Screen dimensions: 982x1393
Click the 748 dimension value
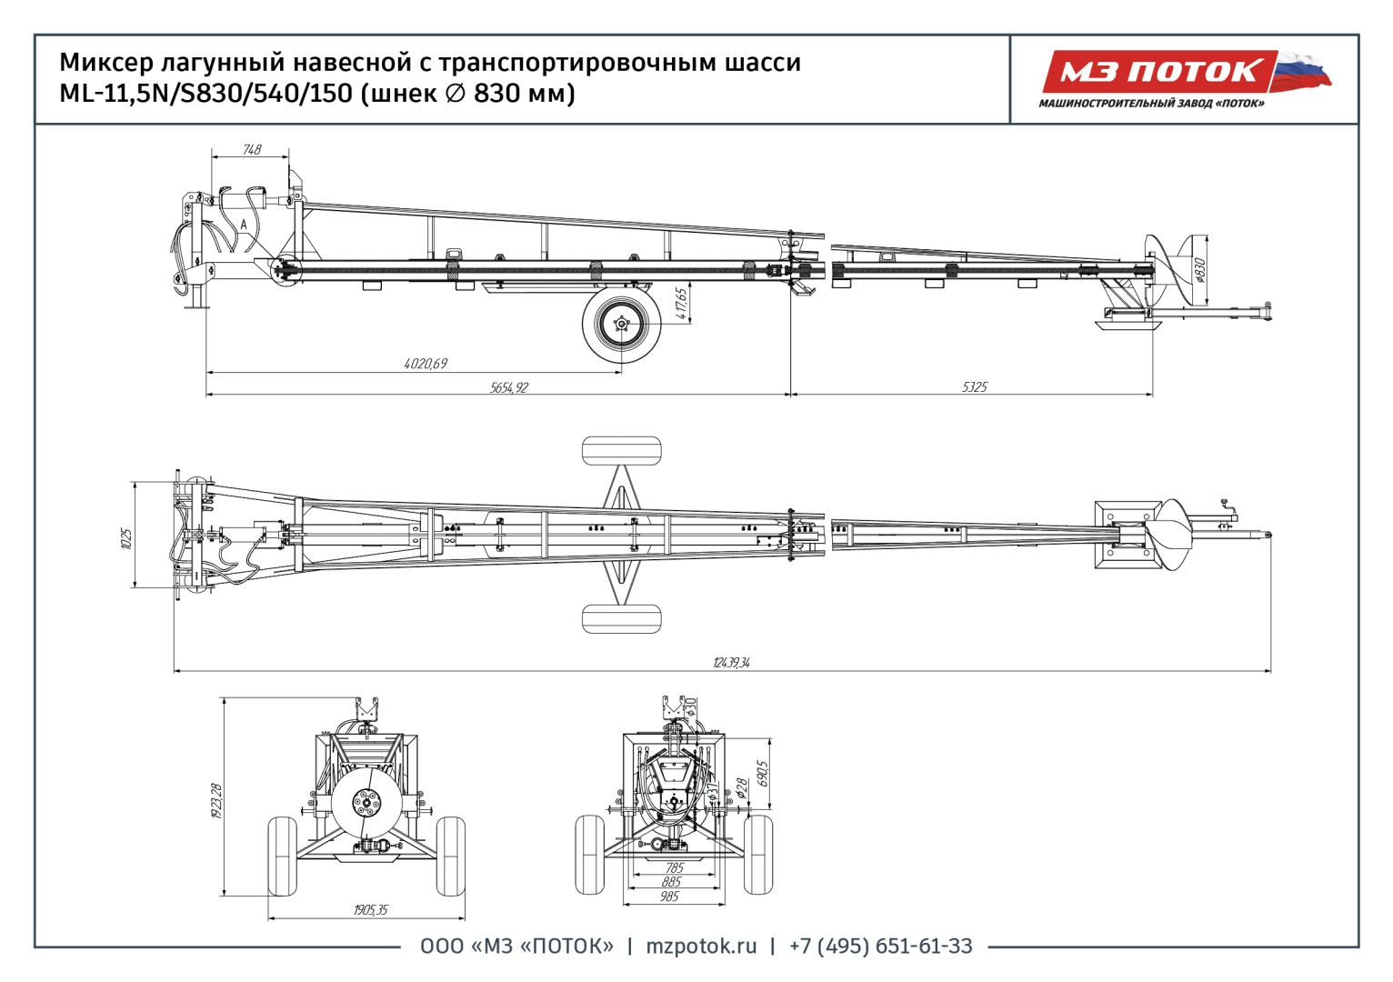coord(252,149)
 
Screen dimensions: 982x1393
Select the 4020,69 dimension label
coord(426,364)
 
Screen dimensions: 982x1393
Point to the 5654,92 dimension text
coord(509,387)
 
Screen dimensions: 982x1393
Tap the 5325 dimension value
coord(974,387)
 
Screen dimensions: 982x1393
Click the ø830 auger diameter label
coord(1199,270)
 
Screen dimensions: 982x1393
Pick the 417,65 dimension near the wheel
coord(682,304)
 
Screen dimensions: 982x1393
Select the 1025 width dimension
coord(127,537)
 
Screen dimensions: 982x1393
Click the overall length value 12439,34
coord(731,663)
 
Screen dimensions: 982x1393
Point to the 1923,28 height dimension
coord(216,800)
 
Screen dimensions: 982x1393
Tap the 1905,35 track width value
coord(371,910)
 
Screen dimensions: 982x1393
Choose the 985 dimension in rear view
coord(669,897)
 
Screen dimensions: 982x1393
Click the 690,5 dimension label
coord(763,773)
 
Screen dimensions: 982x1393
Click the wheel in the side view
coord(622,323)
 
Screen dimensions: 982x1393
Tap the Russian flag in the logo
coord(1302,71)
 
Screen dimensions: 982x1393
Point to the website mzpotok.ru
coord(701,947)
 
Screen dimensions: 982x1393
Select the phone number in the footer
coord(880,947)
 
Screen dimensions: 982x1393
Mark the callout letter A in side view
coord(243,224)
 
